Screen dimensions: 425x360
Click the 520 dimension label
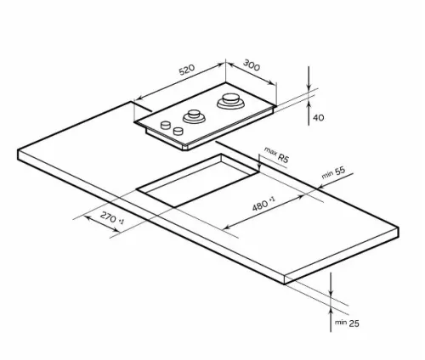pyautogui.click(x=187, y=70)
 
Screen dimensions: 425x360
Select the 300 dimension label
pyautogui.click(x=252, y=65)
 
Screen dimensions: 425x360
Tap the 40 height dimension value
pyautogui.click(x=319, y=117)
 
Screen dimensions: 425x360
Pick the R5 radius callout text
pyautogui.click(x=283, y=158)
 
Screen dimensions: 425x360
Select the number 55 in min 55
pyautogui.click(x=340, y=171)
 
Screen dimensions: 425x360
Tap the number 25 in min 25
pyautogui.click(x=354, y=323)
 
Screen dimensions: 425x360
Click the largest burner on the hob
pyautogui.click(x=230, y=101)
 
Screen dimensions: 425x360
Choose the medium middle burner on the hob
pyautogui.click(x=194, y=116)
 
